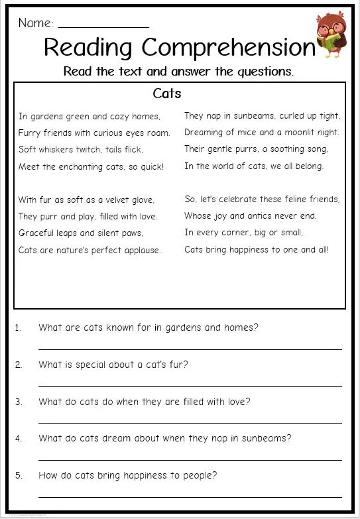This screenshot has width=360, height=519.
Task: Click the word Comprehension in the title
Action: [229, 48]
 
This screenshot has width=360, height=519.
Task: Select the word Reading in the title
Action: [89, 48]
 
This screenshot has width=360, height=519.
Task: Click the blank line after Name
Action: [103, 27]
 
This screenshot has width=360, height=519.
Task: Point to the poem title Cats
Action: [166, 93]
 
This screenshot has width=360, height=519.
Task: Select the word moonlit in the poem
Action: [298, 133]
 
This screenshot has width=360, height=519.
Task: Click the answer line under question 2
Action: [190, 386]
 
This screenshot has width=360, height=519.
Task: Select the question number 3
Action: [19, 402]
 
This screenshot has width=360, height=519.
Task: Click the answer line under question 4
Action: [190, 459]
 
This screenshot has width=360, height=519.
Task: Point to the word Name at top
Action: [35, 23]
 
